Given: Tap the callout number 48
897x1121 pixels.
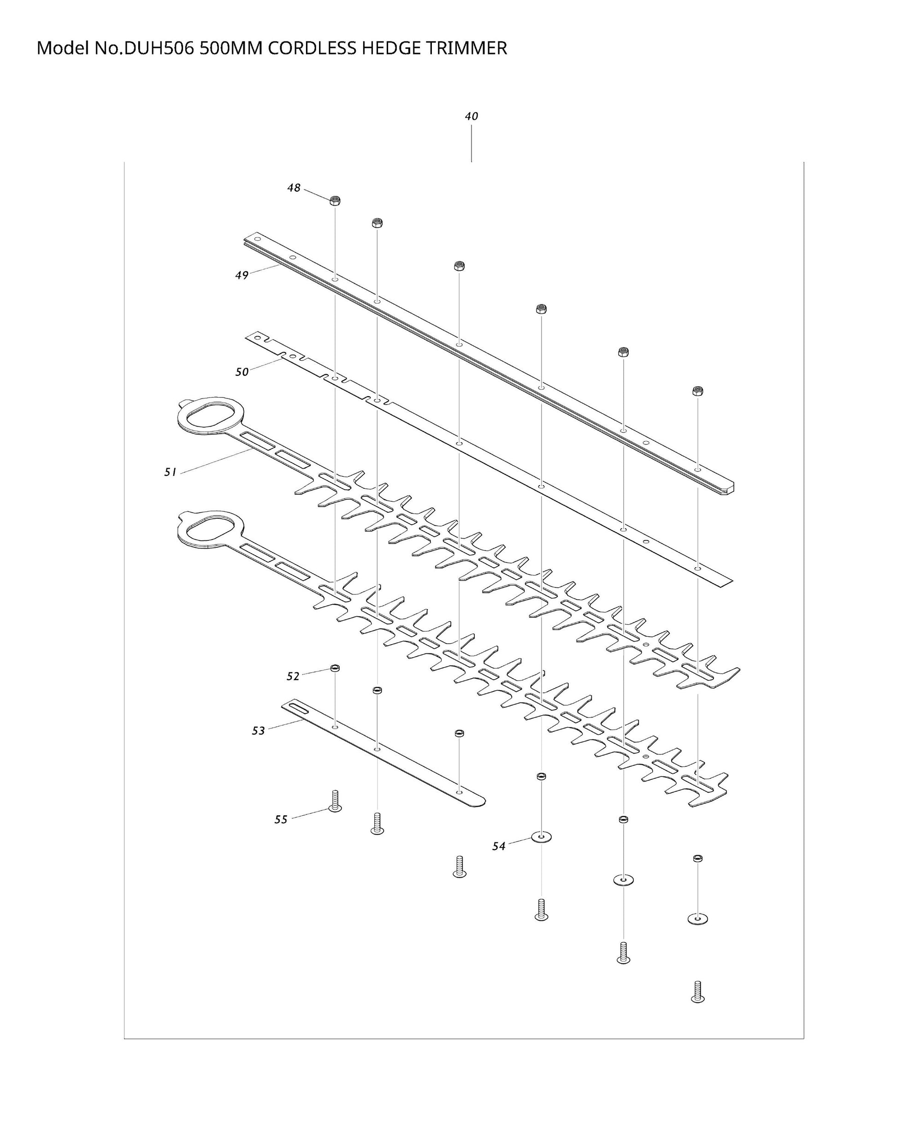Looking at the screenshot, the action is coord(294,188).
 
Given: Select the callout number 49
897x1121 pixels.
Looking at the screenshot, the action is coord(242,275).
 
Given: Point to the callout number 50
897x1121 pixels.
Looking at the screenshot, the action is coord(242,372).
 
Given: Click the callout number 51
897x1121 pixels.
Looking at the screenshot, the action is coord(171,472).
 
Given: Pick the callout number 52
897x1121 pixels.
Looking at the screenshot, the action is coord(293,676).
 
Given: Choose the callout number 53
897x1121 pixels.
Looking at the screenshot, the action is coord(258,731).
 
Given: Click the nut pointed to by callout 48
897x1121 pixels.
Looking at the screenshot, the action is coord(335,200).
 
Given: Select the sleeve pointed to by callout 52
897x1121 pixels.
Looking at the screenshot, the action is coord(335,668).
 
